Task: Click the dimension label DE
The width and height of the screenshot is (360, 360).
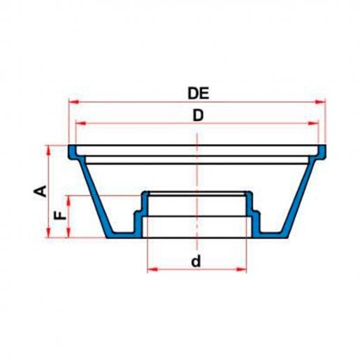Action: point(199,93)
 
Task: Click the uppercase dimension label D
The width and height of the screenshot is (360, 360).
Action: point(198,115)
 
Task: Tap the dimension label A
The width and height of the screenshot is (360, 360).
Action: point(41,192)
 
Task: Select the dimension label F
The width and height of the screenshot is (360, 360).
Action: point(60,215)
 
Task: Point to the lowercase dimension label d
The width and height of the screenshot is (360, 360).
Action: point(196,261)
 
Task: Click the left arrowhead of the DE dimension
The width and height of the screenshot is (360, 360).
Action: point(74,102)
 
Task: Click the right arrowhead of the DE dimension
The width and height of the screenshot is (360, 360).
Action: point(320,102)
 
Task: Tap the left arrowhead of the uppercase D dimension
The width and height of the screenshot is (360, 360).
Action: point(81,123)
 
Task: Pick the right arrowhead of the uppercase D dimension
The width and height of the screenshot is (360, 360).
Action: point(313,123)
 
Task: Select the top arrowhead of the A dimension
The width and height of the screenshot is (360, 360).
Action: point(48,150)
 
